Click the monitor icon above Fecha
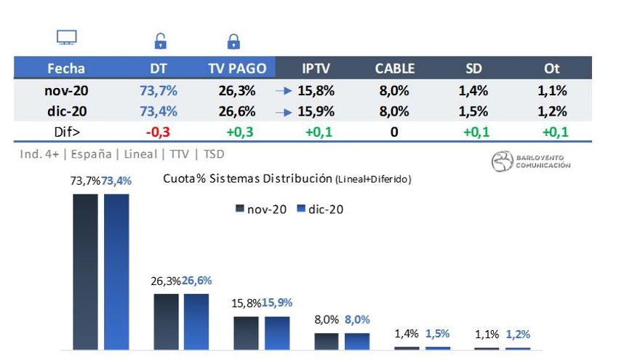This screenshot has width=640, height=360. coord(67,38)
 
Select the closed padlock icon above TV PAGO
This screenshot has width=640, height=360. coord(233,41)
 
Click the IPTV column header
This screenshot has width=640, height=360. coord(316,68)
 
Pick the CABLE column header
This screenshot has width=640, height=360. coord(395,68)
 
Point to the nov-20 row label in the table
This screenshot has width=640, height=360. coord(66,91)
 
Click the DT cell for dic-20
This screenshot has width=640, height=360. coord(159,111)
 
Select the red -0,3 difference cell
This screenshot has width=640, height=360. coord(158,132)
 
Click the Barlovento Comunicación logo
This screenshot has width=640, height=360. coord(531,161)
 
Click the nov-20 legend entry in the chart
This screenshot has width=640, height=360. coord(262,209)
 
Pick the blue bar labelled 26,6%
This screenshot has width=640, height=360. coord(196,321)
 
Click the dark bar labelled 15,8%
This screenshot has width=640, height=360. coord(246,333)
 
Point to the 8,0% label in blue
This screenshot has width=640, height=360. coord(357,319)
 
